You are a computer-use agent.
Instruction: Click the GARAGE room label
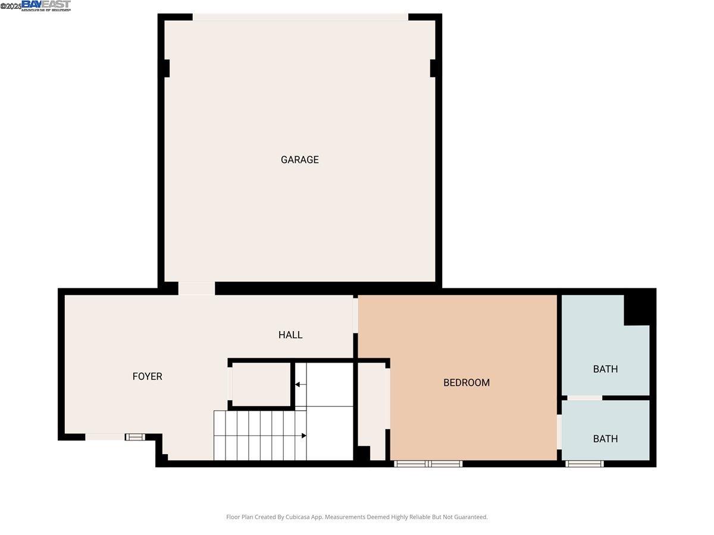click(x=299, y=159)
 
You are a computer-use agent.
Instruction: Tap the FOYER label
click(x=147, y=376)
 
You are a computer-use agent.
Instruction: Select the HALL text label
click(x=290, y=335)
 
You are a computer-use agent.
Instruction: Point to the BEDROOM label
click(x=466, y=382)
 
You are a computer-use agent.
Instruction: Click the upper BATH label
click(x=605, y=369)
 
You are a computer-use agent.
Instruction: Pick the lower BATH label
click(x=605, y=439)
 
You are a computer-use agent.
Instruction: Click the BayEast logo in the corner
click(x=46, y=5)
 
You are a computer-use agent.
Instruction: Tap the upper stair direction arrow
click(x=297, y=385)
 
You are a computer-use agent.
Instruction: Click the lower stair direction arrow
click(x=303, y=436)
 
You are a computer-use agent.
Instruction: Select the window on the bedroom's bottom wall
click(x=428, y=464)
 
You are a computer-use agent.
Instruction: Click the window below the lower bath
click(x=584, y=464)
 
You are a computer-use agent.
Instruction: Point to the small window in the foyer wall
click(x=135, y=438)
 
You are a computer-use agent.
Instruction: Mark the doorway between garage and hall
click(x=196, y=288)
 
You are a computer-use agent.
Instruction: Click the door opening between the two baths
click(x=584, y=397)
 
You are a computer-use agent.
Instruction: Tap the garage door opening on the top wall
click(x=300, y=17)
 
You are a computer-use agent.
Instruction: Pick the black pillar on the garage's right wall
click(x=435, y=68)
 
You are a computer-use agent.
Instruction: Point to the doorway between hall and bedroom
click(x=356, y=315)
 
